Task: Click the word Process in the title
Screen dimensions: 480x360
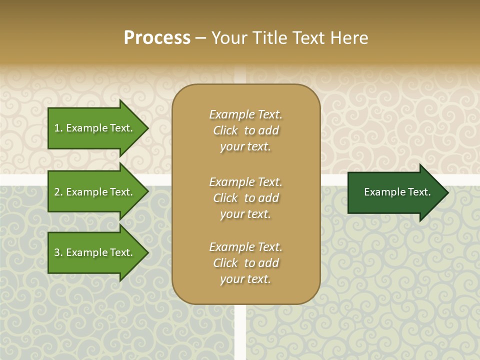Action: (x=157, y=38)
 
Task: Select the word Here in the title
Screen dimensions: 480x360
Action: (x=349, y=38)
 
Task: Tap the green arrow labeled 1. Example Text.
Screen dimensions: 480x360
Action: (x=95, y=128)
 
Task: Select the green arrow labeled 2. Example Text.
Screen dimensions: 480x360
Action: (x=95, y=192)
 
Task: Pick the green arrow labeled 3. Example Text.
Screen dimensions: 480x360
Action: (x=95, y=252)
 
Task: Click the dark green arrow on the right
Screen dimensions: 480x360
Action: (x=395, y=192)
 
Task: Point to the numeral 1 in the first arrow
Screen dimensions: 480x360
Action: (x=57, y=128)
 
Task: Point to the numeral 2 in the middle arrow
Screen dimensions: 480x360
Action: (x=57, y=192)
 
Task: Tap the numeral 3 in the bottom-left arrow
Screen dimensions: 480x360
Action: (x=57, y=252)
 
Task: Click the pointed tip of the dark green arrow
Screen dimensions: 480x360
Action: (x=447, y=192)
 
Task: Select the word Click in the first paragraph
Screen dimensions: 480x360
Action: (x=225, y=130)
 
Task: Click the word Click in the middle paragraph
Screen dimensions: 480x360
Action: (x=225, y=198)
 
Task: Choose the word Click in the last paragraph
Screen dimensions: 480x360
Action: (x=225, y=263)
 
